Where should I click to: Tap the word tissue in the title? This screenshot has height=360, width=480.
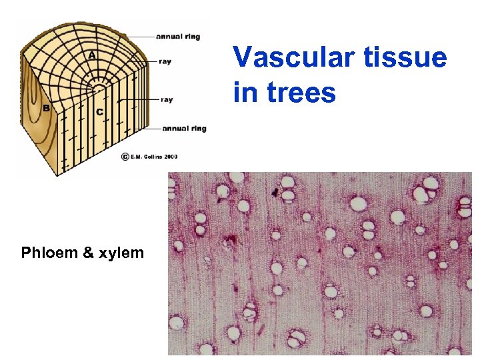click(408, 57)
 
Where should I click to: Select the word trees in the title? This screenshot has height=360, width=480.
click(299, 92)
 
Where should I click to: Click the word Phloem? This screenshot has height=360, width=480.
click(49, 253)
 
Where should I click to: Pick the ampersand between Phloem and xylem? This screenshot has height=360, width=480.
click(89, 253)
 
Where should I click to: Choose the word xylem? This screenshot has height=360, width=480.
click(121, 253)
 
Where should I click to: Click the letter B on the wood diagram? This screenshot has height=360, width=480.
click(46, 108)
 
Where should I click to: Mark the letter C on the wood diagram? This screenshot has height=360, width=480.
click(99, 111)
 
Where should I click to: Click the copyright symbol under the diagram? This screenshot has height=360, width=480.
click(125, 157)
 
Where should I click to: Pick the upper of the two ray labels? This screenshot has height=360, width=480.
click(165, 62)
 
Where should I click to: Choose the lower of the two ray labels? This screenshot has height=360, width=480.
click(167, 100)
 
